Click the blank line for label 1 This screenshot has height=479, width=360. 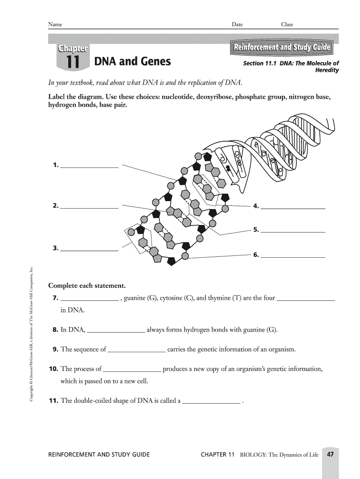point(89,167)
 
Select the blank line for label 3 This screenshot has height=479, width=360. point(89,251)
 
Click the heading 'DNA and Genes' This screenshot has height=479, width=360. point(132,62)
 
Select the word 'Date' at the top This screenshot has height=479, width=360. point(237,24)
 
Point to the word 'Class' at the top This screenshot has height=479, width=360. point(287,24)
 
